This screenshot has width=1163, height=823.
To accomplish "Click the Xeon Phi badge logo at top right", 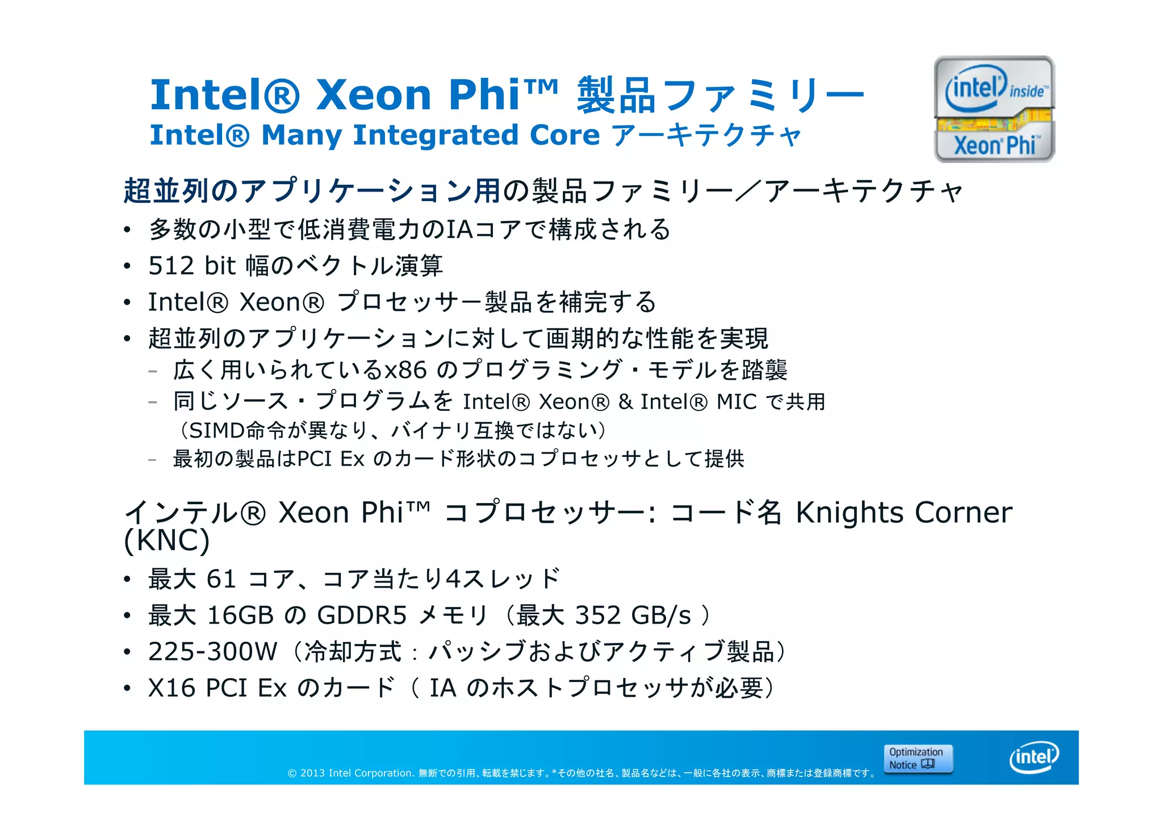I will [994, 109].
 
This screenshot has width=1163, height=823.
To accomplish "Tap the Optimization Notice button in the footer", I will [918, 759].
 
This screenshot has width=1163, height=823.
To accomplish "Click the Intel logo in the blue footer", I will [1034, 757].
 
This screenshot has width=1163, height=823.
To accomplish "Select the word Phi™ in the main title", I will [503, 94].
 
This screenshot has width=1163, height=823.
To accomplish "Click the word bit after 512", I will [220, 265].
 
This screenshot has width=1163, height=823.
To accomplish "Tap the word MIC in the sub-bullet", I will [737, 402].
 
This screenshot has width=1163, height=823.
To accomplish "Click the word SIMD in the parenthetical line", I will [217, 430].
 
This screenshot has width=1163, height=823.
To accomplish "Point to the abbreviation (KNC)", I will [167, 540].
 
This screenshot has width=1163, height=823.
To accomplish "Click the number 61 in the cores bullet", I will [221, 579].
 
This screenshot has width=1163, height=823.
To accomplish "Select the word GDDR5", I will [362, 615].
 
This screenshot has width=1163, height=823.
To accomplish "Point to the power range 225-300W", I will [213, 651].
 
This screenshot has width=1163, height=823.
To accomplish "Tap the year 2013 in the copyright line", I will [312, 773].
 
